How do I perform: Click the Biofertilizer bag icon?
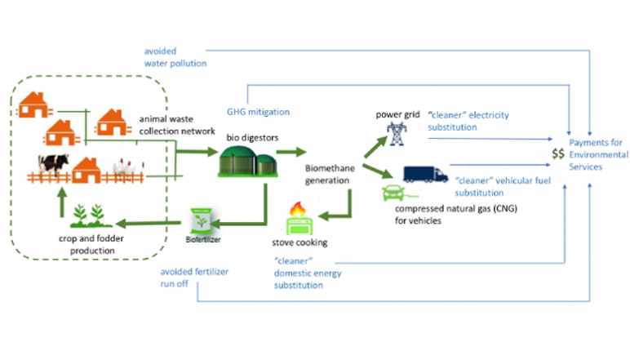point(198,220)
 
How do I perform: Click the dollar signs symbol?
point(557,153)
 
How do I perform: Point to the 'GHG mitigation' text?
point(257,112)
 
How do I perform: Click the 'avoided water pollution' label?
point(173,56)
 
